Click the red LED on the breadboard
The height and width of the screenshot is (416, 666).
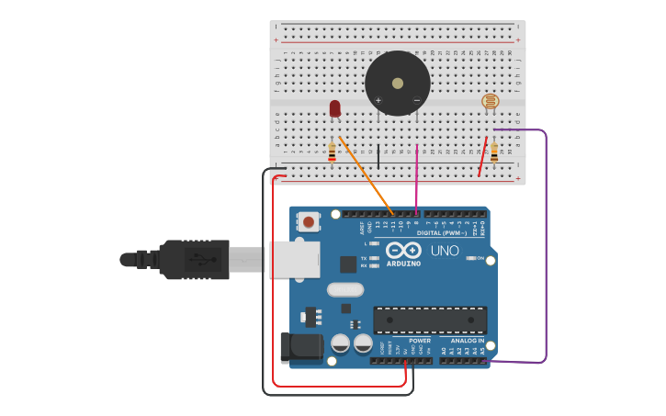coord(334,108)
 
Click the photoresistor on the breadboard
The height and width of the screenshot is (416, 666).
coord(491,101)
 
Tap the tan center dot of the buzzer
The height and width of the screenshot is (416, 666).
coord(398,84)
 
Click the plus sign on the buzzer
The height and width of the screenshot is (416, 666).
coord(378,100)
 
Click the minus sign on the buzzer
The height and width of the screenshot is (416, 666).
coord(416,100)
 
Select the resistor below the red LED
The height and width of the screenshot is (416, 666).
coord(332,152)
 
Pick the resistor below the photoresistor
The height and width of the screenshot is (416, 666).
coord(493,152)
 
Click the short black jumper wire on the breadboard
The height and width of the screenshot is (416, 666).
coord(378,156)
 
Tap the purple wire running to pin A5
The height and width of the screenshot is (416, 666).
coord(546,248)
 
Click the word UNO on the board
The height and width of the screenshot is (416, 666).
coord(445,251)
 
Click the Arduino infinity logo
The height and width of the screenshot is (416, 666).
coord(403,250)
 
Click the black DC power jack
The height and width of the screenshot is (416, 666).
coord(299,347)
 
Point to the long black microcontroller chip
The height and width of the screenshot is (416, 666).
coord(430,320)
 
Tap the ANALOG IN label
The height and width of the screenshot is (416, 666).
coord(467,340)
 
